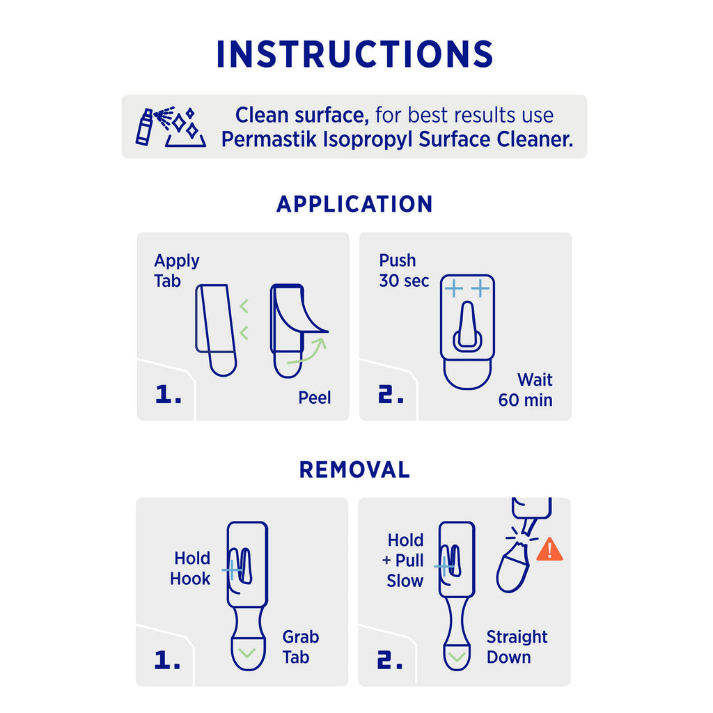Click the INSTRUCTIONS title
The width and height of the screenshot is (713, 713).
click(354, 54)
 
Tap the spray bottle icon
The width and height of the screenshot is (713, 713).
click(145, 127)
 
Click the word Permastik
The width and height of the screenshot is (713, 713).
click(269, 139)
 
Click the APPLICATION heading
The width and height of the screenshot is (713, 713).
click(354, 204)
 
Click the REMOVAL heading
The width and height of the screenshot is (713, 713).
click(354, 470)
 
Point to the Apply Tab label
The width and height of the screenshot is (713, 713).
click(176, 271)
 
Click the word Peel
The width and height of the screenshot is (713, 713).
click(314, 398)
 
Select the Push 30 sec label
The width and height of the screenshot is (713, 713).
click(404, 271)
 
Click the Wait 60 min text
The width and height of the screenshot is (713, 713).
click(526, 390)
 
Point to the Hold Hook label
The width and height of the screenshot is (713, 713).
click(190, 568)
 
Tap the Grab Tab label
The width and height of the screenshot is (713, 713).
click(301, 647)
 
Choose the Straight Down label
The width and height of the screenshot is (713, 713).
click(517, 647)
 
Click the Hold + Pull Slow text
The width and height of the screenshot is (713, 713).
click(403, 561)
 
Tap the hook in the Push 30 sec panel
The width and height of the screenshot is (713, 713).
click(467, 327)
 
